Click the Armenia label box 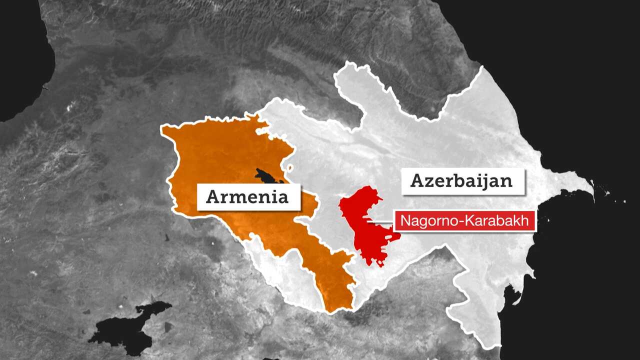coord(248,196)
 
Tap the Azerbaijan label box coord(462,180)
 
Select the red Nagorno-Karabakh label coord(465,221)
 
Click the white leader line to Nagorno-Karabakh coord(380,220)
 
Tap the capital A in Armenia coord(213,196)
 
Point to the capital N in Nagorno coord(405,221)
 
